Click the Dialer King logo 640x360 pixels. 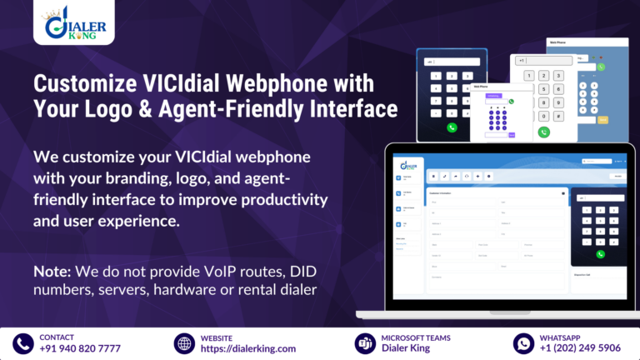(x=75, y=24)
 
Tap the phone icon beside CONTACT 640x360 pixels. (x=22, y=342)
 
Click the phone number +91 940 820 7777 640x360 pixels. (x=80, y=348)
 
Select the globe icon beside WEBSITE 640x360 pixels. (x=183, y=342)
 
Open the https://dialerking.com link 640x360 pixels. (x=247, y=348)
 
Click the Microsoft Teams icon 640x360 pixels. (x=363, y=342)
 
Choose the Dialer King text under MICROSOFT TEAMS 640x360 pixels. (x=406, y=348)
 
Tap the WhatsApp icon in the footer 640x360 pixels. (x=523, y=342)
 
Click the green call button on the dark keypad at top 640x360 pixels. (x=452, y=127)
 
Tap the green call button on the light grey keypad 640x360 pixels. (x=543, y=132)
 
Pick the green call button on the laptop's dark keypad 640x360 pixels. (x=600, y=254)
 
